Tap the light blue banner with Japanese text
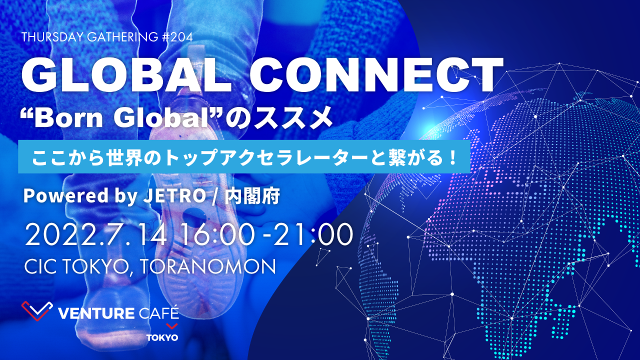243,157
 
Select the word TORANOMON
208,266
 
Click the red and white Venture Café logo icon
36,310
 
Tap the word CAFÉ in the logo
157,314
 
